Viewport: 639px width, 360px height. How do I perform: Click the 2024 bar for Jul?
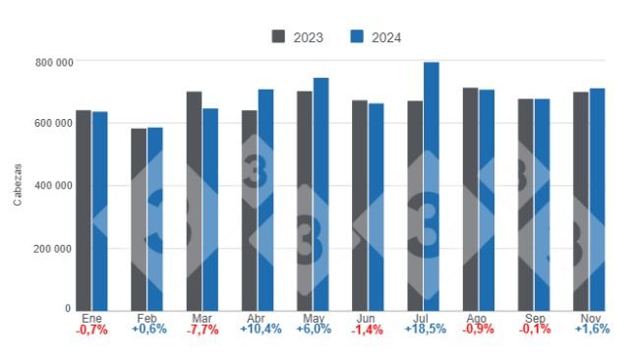pos(432,186)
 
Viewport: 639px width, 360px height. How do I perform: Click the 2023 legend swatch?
pos(279,37)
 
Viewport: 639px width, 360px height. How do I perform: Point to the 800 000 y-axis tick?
pos(54,62)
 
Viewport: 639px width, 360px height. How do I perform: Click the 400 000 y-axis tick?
pos(54,186)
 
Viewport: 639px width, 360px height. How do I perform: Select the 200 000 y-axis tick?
pos(54,249)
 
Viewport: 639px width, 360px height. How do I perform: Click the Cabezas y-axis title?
pos(19,186)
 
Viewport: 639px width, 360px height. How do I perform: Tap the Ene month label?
pos(91,319)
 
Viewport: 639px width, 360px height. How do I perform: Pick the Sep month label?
pos(535,319)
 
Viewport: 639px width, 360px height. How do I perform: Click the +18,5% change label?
pos(424,330)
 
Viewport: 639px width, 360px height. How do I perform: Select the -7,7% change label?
pos(202,330)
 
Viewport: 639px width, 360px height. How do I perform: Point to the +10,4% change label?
pos(258,330)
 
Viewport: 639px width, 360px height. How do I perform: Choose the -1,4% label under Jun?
pos(368,330)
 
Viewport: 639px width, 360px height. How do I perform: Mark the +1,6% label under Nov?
pos(590,330)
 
